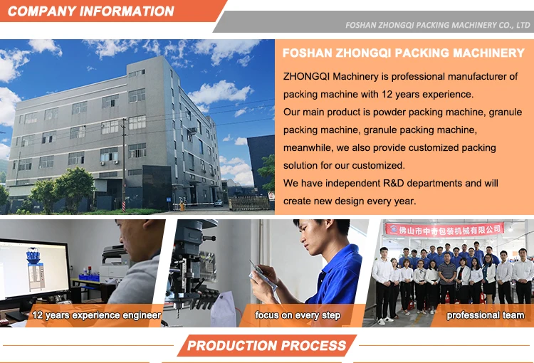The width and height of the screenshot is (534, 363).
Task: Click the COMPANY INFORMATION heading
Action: tap(90, 11)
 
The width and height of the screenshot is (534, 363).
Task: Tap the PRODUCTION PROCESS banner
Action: tap(267, 346)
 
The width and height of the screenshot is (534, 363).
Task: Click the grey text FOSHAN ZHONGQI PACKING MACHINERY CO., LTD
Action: tap(438, 25)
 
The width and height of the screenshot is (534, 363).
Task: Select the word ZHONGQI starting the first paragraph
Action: tap(306, 76)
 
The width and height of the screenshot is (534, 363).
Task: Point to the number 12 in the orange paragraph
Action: tap(387, 94)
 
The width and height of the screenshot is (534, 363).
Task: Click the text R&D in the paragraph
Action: tap(394, 183)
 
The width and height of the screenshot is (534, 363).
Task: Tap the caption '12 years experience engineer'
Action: tap(96, 315)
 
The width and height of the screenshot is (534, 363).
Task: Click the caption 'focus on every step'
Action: tap(298, 315)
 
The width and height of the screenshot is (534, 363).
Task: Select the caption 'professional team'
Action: tap(486, 315)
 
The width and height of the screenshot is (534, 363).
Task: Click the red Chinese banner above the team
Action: tap(444, 229)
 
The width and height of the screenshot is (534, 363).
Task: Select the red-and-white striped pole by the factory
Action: tap(124, 205)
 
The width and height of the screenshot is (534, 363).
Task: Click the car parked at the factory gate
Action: tap(219, 203)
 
